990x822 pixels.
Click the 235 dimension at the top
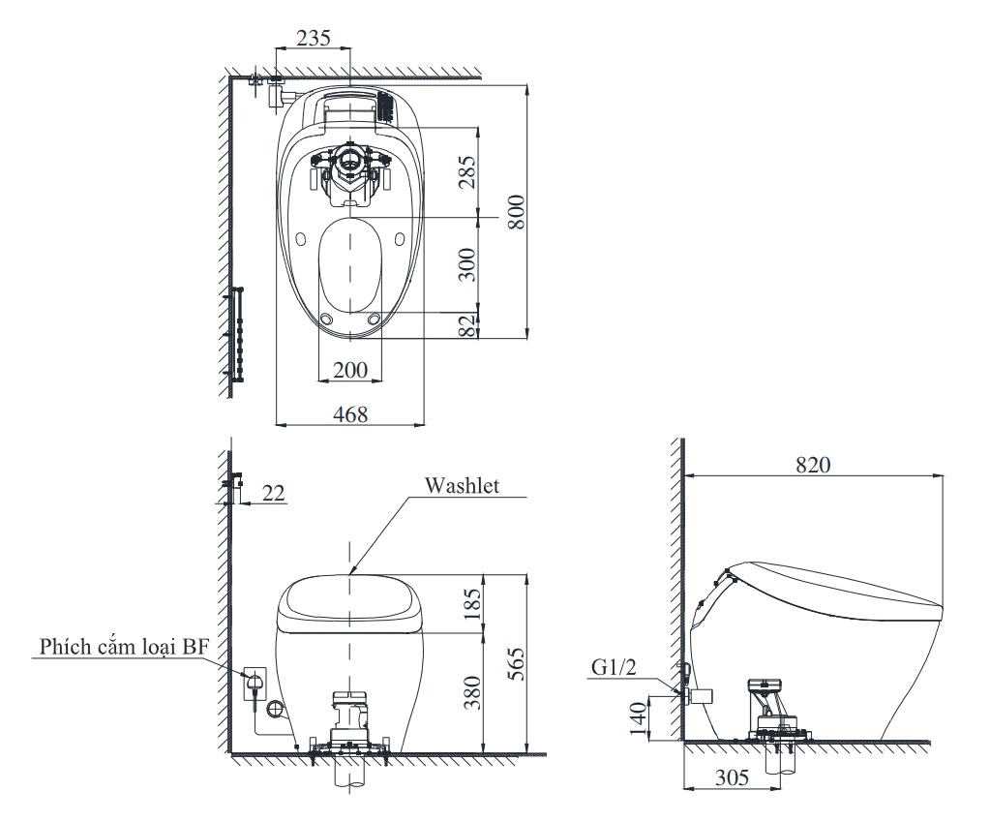[313, 38]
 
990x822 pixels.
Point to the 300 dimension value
[467, 263]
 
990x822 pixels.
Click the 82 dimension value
[467, 325]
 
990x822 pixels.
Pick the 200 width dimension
[349, 369]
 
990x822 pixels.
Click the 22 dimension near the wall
[273, 494]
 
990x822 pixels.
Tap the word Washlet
[463, 486]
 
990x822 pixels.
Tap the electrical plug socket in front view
[255, 683]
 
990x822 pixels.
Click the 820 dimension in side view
[813, 464]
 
